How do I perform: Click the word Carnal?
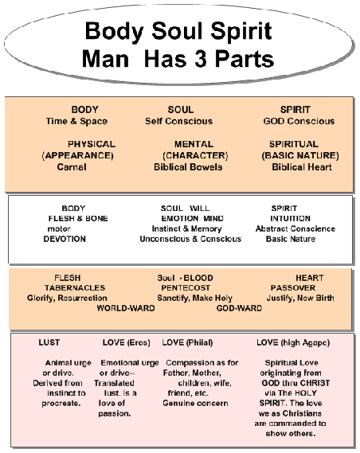[72, 167]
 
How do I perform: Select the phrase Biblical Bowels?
[188, 167]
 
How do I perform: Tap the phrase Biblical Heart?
[302, 167]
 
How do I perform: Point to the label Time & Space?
[76, 121]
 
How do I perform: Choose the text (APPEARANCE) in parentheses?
[77, 155]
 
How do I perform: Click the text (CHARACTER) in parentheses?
[195, 155]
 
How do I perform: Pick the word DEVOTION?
[65, 239]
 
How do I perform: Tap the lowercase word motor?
[59, 228]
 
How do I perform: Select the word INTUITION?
[291, 218]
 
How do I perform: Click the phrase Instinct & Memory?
[187, 228]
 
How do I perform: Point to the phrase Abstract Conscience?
[295, 228]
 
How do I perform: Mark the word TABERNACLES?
[75, 287]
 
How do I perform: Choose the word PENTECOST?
[186, 287]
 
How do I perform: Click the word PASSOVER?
[293, 287]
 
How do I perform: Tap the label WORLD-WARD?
[126, 308]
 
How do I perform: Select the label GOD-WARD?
[239, 308]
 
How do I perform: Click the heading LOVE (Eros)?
[127, 342]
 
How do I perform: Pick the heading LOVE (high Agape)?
[293, 343]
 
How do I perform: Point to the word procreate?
[61, 404]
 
